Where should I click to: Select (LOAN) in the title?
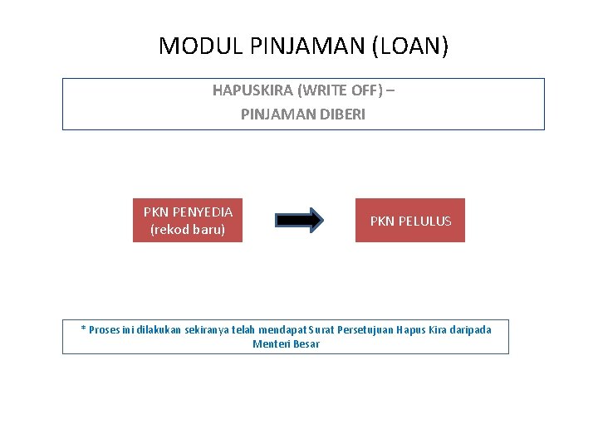tap(410, 46)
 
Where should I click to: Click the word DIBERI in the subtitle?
tap(341, 114)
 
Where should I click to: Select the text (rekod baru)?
tap(188, 229)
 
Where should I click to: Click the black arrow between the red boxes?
tap(299, 220)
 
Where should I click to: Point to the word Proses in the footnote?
tap(104, 330)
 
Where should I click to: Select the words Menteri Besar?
tap(286, 344)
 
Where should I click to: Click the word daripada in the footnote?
tap(470, 330)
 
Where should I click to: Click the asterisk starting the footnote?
tap(83, 329)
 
